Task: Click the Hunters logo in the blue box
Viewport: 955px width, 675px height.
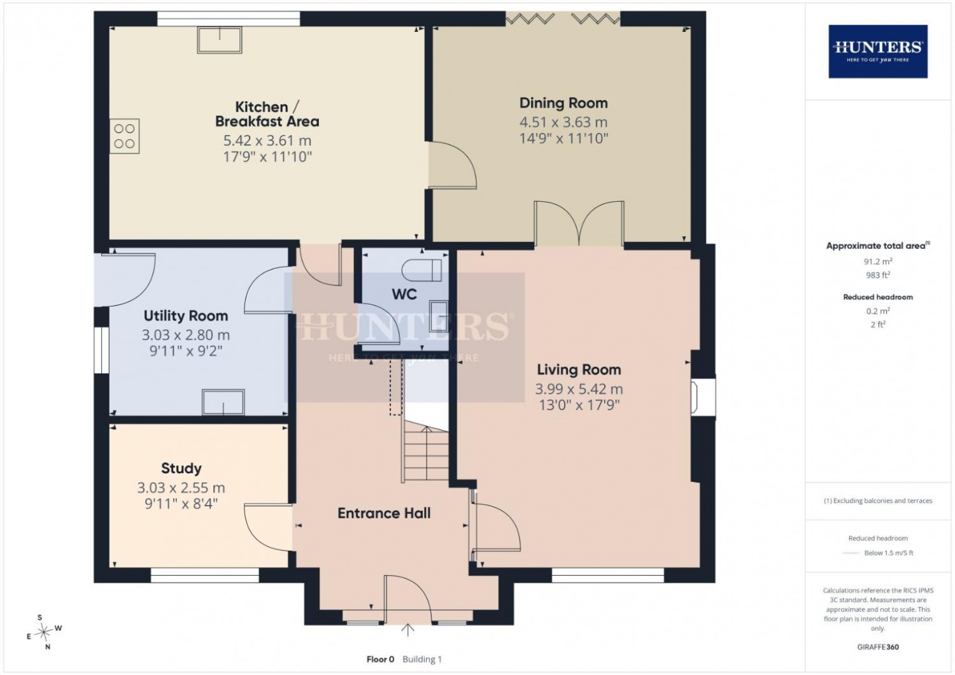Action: [x=878, y=52]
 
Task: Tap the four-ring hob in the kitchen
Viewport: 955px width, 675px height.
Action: [x=125, y=136]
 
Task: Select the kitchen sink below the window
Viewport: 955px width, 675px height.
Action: [x=220, y=40]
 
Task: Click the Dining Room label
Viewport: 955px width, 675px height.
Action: [x=563, y=103]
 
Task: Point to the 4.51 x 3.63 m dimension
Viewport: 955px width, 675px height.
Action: [x=563, y=122]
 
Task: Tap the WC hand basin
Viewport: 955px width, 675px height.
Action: [x=439, y=316]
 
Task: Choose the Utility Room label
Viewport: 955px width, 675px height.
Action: [x=185, y=316]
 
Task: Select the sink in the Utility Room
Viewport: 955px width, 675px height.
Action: [x=223, y=402]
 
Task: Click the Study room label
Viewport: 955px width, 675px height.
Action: [x=181, y=468]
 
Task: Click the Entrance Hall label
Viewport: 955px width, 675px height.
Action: [x=384, y=513]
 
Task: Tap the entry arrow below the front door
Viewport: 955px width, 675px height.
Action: [x=407, y=630]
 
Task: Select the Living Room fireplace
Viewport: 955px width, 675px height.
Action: [x=704, y=397]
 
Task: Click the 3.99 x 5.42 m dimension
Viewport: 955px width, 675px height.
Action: [x=579, y=389]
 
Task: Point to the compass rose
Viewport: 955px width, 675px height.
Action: [x=43, y=632]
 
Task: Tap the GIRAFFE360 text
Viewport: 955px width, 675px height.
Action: [x=878, y=647]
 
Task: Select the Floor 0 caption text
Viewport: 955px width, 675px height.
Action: [x=380, y=659]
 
